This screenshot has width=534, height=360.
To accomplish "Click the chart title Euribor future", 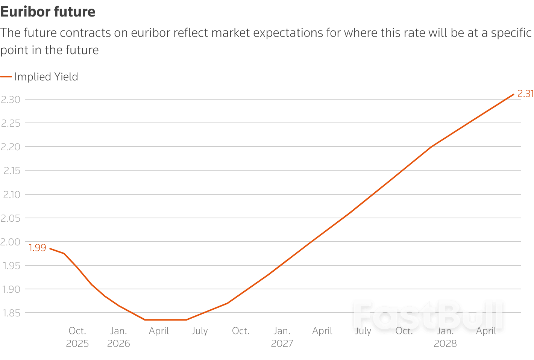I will pyautogui.click(x=48, y=12).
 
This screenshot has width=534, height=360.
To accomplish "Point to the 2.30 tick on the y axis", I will pyautogui.click(x=11, y=100).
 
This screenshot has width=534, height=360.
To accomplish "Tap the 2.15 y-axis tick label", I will pyautogui.click(x=12, y=171).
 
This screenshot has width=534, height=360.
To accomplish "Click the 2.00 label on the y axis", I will pyautogui.click(x=11, y=242).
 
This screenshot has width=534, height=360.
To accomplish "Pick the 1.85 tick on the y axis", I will pyautogui.click(x=11, y=313).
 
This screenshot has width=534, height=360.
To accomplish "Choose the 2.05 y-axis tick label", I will pyautogui.click(x=11, y=218).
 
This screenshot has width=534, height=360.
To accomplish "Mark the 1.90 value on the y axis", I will pyautogui.click(x=11, y=289).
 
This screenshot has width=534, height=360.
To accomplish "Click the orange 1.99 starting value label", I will pyautogui.click(x=37, y=248).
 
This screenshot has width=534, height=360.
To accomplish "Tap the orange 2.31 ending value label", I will pyautogui.click(x=525, y=94).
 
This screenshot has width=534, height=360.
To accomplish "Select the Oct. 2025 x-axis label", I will pyautogui.click(x=77, y=337).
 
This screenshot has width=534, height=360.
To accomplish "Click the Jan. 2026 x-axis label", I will pyautogui.click(x=118, y=337).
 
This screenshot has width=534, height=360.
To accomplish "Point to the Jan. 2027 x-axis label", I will pyautogui.click(x=282, y=337).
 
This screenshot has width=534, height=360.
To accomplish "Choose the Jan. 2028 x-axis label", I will pyautogui.click(x=445, y=337).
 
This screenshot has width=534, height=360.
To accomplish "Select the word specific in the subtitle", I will pyautogui.click(x=511, y=33).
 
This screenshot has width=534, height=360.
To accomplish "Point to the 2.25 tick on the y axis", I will pyautogui.click(x=11, y=123).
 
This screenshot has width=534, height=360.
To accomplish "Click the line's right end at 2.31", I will pyautogui.click(x=513, y=94).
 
